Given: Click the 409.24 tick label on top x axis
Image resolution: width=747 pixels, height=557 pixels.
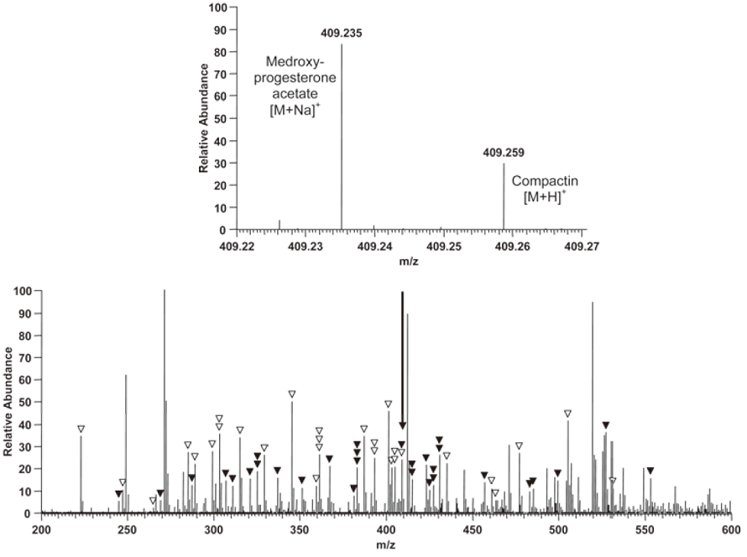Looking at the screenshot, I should (x=374, y=247).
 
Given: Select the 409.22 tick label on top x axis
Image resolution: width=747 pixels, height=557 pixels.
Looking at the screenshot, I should (x=237, y=247).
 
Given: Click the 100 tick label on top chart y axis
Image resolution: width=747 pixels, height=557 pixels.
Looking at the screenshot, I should (x=219, y=8).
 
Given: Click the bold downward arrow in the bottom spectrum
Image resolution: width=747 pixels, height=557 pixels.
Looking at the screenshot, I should (x=403, y=361).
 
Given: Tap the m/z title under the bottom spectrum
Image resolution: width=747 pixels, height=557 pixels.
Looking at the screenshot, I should (x=386, y=547).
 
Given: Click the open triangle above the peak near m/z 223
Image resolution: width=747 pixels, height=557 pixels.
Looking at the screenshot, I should (x=81, y=429).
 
